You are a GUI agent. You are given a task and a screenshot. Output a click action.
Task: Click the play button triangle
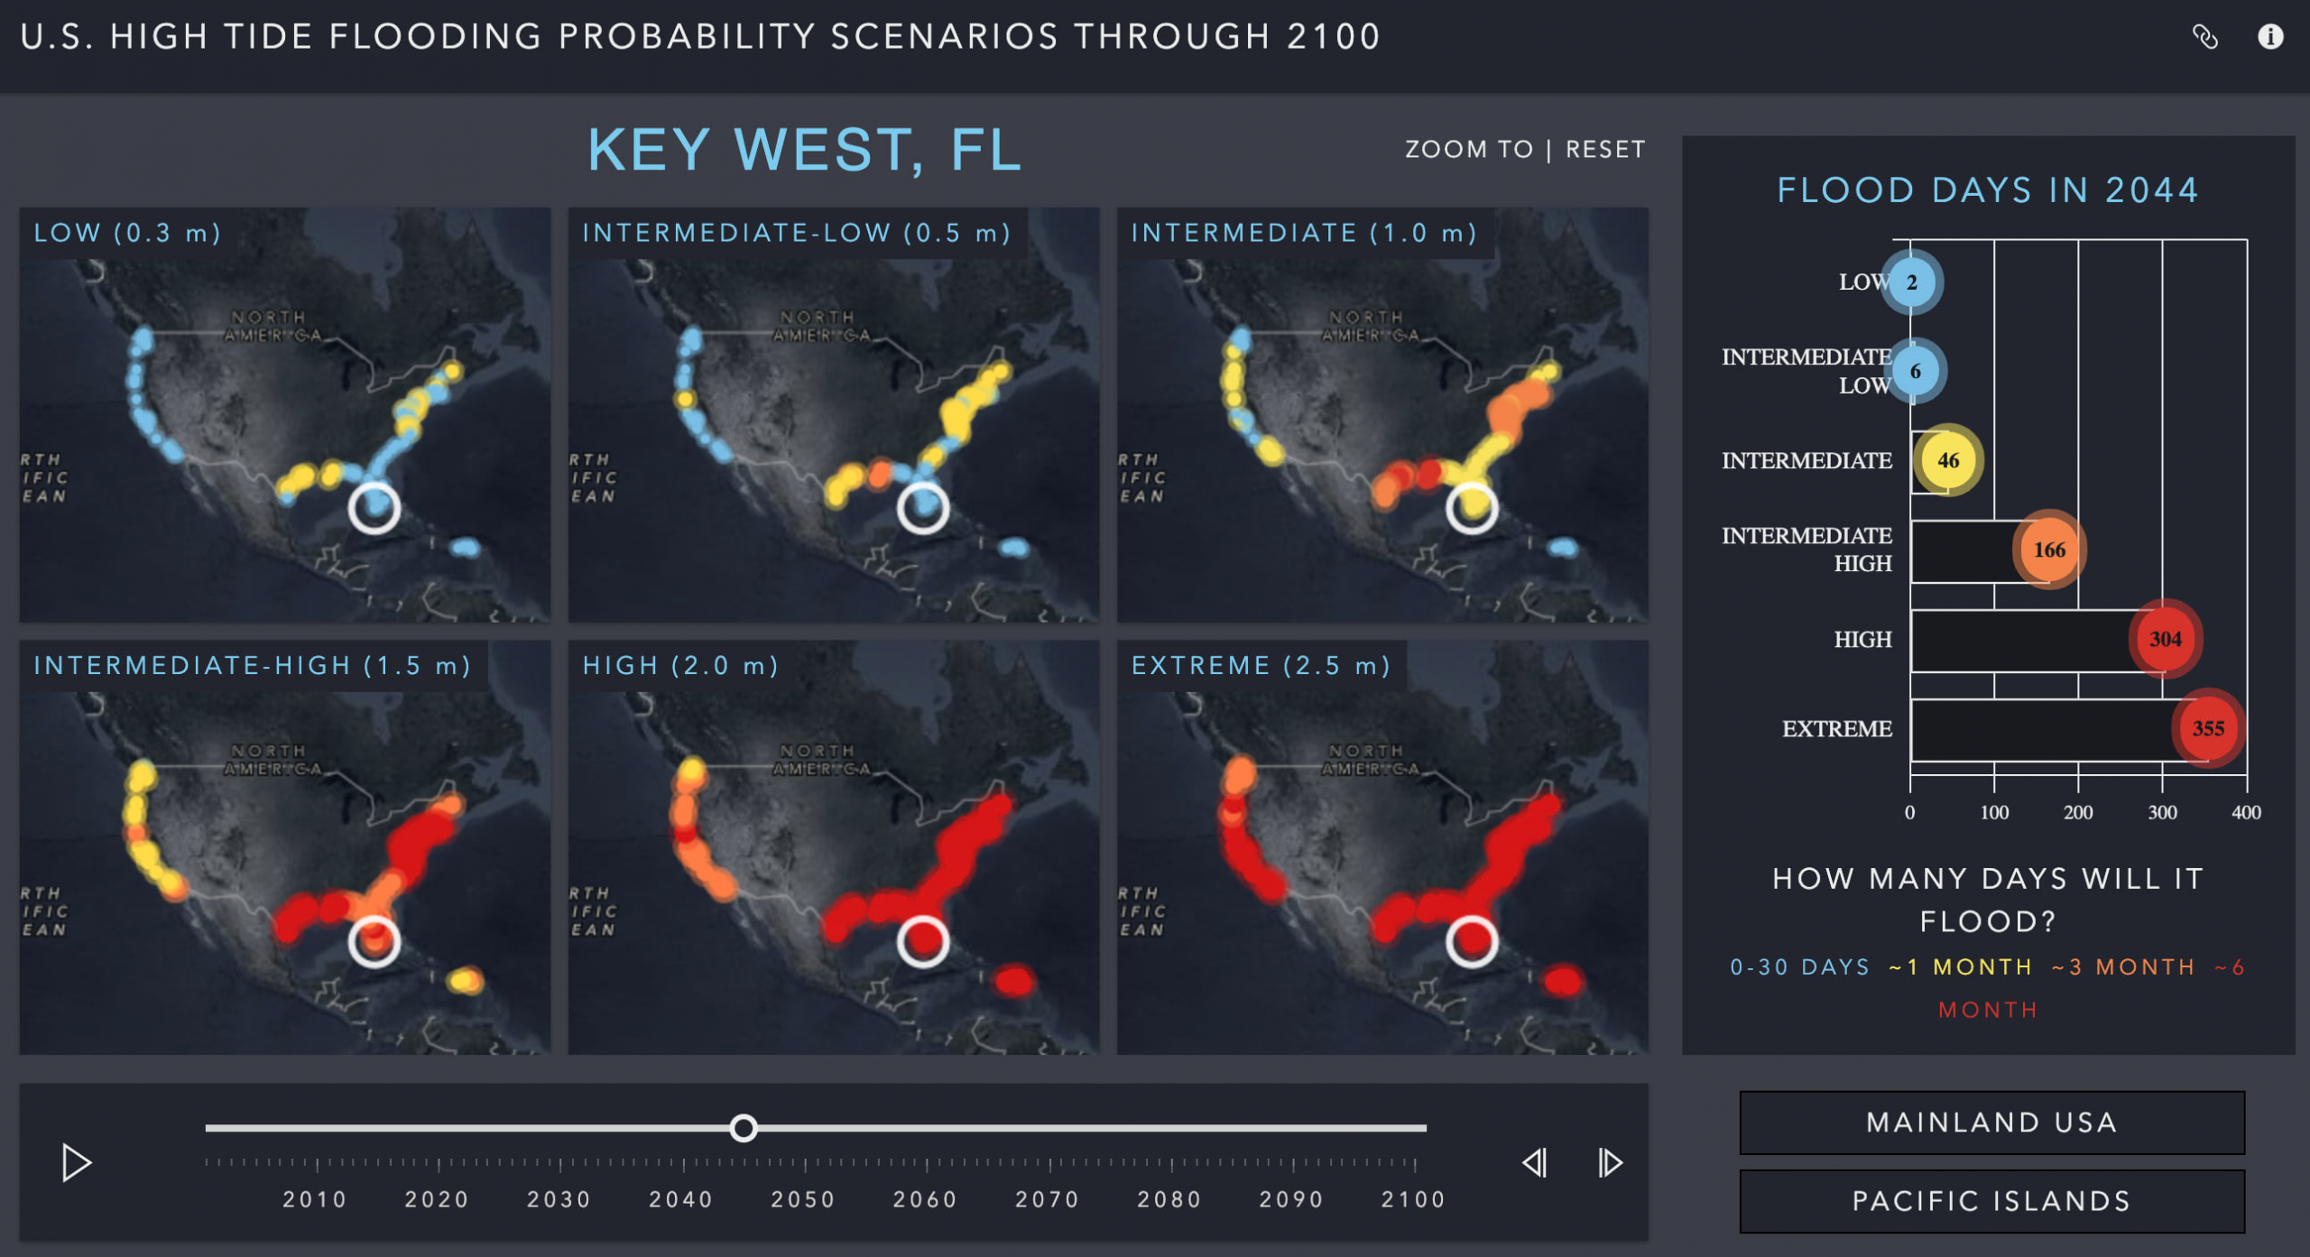[x=76, y=1163]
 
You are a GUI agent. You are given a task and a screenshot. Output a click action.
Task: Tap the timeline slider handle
[x=744, y=1128]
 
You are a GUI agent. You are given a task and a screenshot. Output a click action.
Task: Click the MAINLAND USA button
[x=1991, y=1123]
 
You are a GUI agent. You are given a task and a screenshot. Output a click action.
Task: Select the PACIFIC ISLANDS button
[x=1991, y=1201]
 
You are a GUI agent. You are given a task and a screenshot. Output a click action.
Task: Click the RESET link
[x=1605, y=150]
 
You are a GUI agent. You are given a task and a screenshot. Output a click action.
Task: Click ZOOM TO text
[x=1468, y=150]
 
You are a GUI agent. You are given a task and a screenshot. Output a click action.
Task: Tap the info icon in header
[x=2270, y=37]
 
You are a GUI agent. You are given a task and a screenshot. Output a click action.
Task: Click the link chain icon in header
[x=2204, y=37]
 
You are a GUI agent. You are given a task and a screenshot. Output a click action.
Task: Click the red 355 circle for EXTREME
[x=2208, y=728]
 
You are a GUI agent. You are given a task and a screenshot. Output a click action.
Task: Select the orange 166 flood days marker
[x=2049, y=550]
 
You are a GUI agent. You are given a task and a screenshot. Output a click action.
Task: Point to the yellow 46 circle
[x=1948, y=460]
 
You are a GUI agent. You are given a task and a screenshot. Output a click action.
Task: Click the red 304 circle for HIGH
[x=2165, y=639]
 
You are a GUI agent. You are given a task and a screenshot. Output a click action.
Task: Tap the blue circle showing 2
[x=1911, y=282]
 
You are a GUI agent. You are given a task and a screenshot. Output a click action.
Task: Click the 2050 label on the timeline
[x=803, y=1199]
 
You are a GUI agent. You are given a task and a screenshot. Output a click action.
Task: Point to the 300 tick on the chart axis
[x=2162, y=812]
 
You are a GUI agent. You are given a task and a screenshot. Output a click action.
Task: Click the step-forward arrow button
[x=1610, y=1163]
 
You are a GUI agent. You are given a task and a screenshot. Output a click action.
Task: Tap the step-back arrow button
[x=1535, y=1163]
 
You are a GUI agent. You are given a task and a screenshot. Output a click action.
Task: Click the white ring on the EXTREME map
[x=1472, y=941]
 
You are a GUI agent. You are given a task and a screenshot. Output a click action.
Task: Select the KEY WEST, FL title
[x=805, y=150]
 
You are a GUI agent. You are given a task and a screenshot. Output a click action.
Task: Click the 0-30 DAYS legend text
[x=1799, y=967]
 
